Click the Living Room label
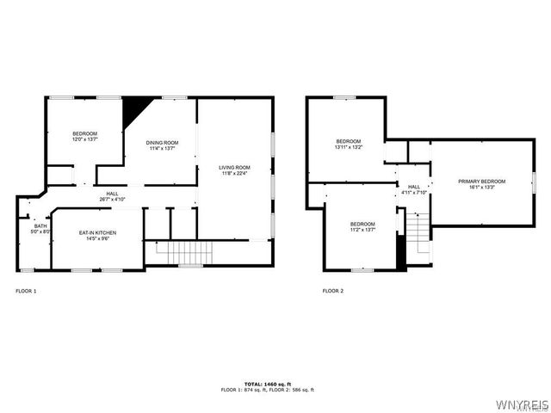pos(234,167)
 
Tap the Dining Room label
pos(161,143)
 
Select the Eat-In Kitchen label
pos(97,233)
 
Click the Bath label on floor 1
pos(40,226)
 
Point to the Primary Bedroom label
pos(481,181)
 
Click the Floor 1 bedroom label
pos(84,133)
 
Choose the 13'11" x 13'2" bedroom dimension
pos(349,147)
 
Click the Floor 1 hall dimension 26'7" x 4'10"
pos(112,200)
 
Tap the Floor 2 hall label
pos(414,187)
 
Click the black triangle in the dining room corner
pos(135,109)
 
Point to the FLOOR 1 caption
pos(26,291)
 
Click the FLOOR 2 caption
pos(333,291)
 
